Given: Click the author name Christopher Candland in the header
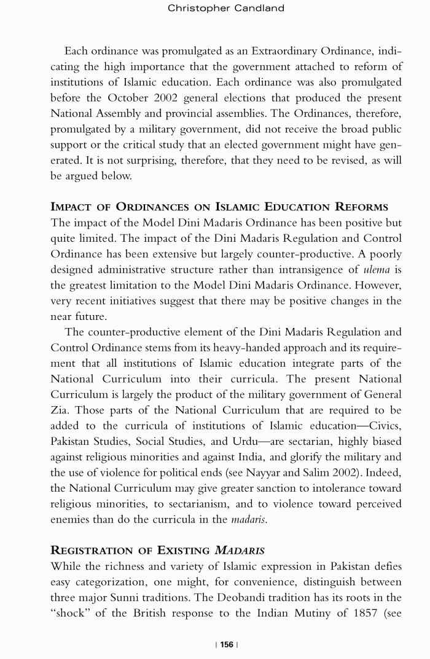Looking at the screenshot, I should [225, 8].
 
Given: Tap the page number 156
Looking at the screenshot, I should [227, 644].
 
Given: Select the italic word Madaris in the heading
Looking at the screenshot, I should [239, 550].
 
